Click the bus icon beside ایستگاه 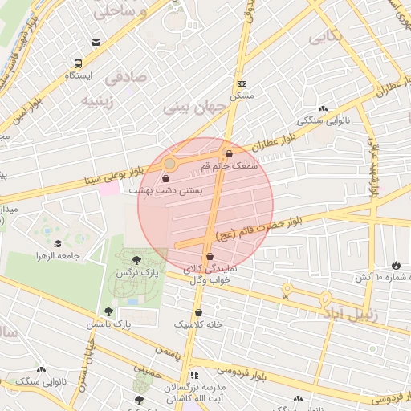[78, 63]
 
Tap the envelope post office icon [96, 43]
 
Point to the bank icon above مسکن [241, 83]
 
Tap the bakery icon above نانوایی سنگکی [323, 108]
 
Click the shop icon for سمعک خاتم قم [229, 153]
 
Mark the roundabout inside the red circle [170, 165]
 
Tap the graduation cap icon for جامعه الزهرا [57, 243]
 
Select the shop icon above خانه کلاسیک [198, 312]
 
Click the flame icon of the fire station [395, 265]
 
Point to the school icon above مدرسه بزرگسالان [193, 376]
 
